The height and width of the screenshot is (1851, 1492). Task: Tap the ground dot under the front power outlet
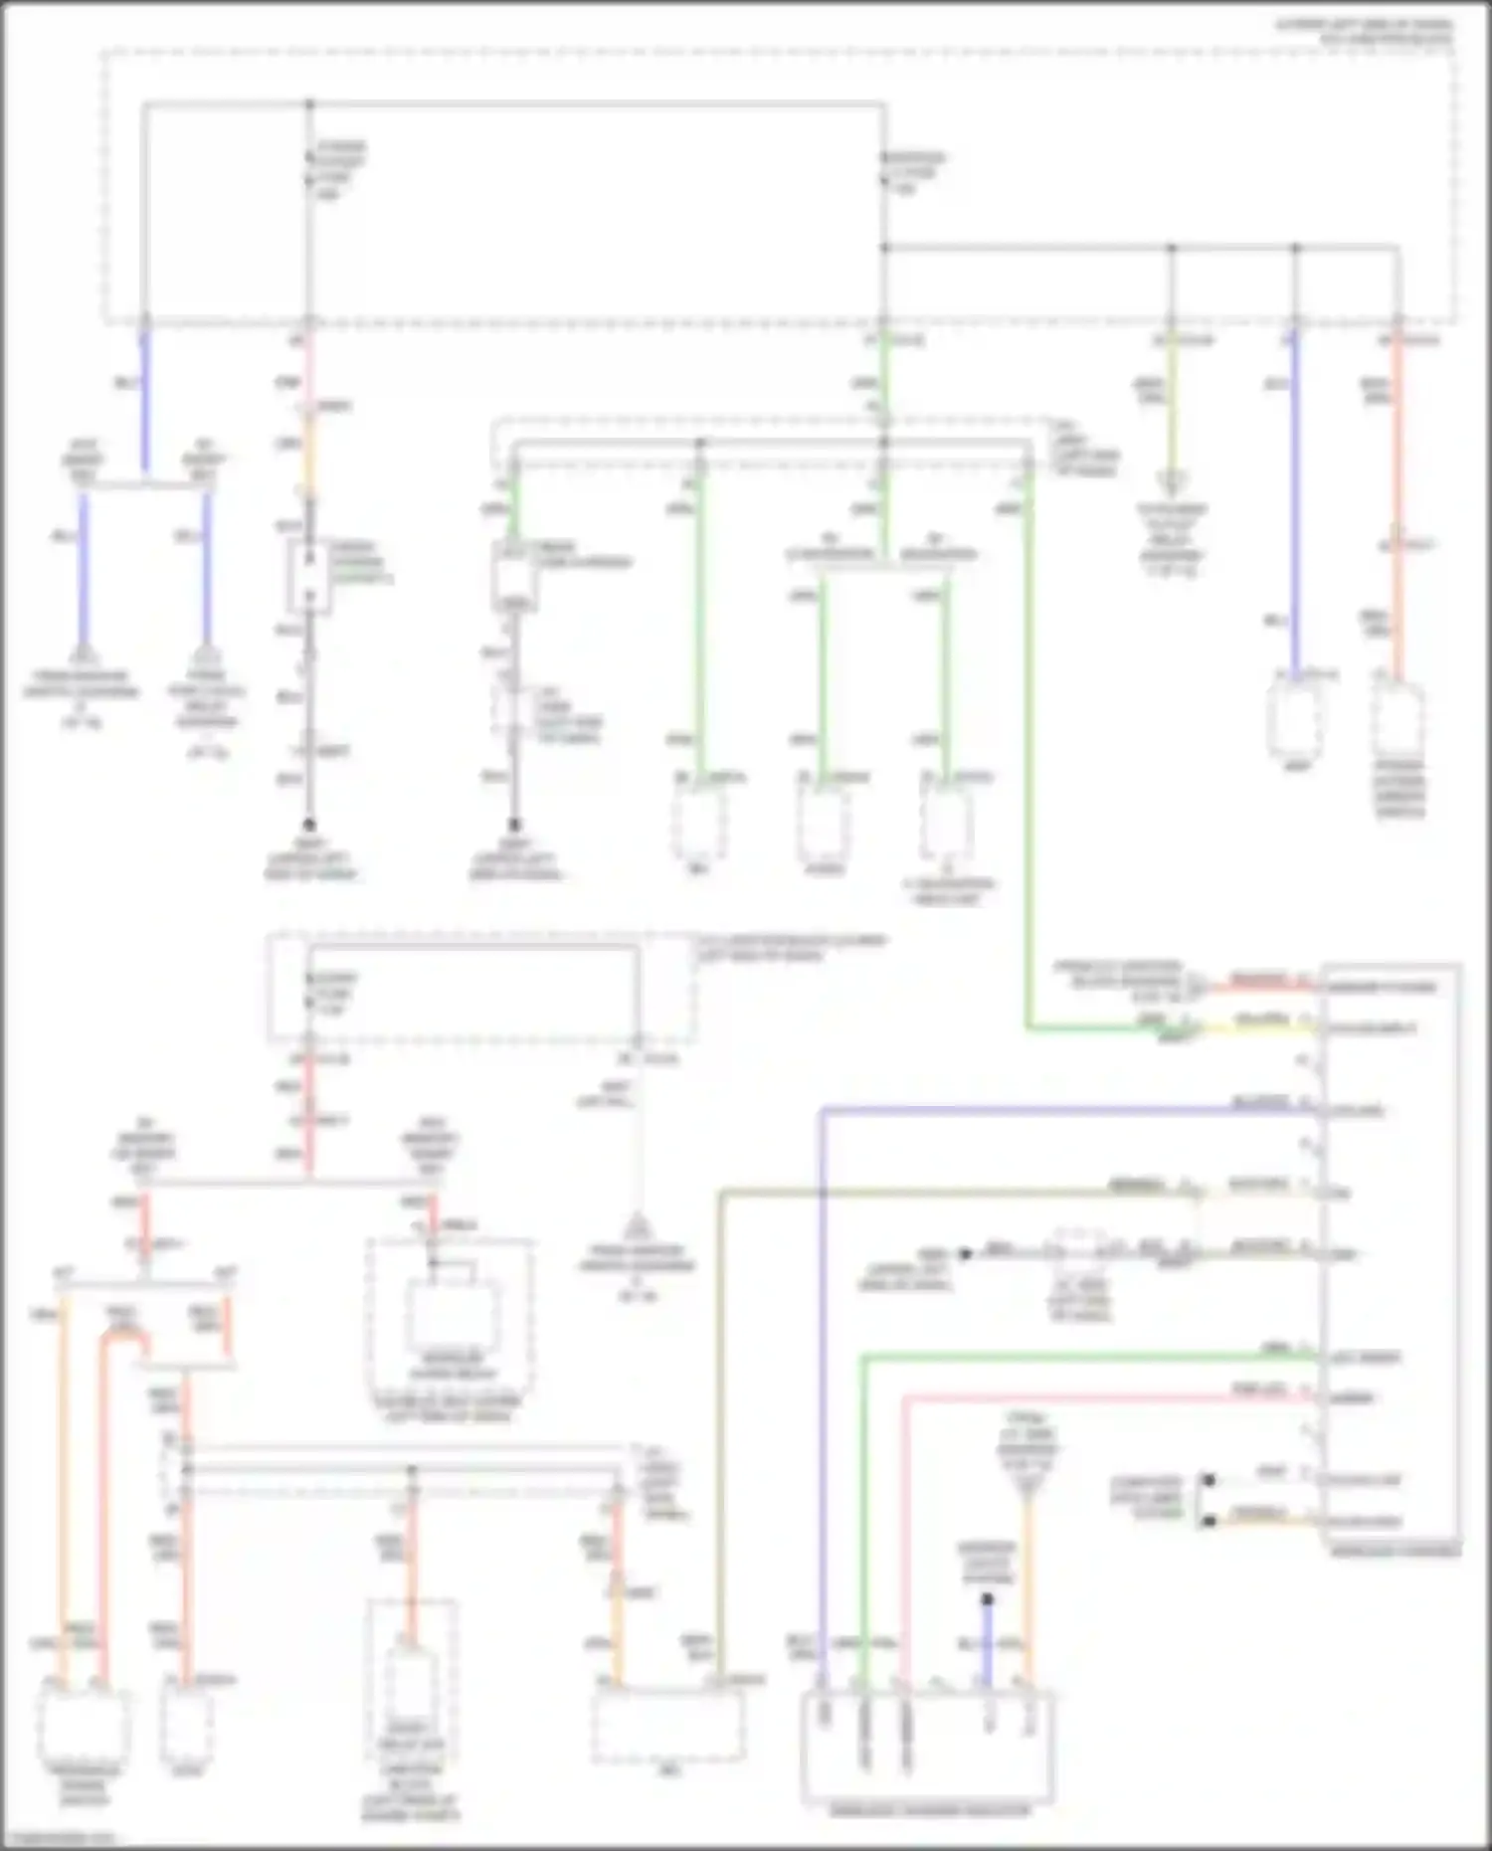click(309, 825)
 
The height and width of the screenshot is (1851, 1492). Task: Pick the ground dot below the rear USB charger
click(514, 825)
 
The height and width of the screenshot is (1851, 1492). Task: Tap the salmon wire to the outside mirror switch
click(1398, 497)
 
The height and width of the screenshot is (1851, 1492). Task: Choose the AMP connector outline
click(1297, 714)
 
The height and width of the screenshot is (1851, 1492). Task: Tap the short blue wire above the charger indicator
click(987, 1646)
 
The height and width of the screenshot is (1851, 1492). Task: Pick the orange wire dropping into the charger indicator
click(1028, 1591)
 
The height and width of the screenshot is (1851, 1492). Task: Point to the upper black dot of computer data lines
click(1209, 1480)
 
